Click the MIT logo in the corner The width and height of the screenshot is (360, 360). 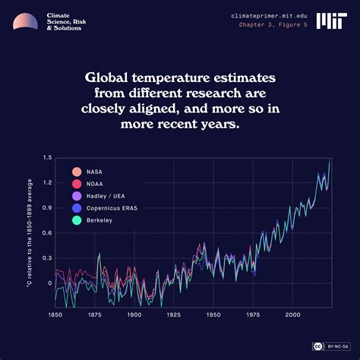(x=329, y=20)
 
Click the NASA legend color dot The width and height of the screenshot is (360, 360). (x=76, y=172)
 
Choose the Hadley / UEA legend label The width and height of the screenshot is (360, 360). (x=105, y=196)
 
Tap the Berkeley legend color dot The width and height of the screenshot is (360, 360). (x=76, y=220)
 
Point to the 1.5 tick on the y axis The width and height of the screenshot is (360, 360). (x=47, y=158)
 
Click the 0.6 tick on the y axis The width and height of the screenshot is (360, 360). (x=47, y=233)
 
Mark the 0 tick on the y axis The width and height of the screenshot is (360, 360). (x=49, y=283)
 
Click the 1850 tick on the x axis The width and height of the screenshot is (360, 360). (x=55, y=314)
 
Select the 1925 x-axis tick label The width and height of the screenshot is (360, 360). (x=173, y=314)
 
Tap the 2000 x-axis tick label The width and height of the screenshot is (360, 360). (x=292, y=314)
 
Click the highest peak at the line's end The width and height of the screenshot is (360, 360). (x=329, y=161)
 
